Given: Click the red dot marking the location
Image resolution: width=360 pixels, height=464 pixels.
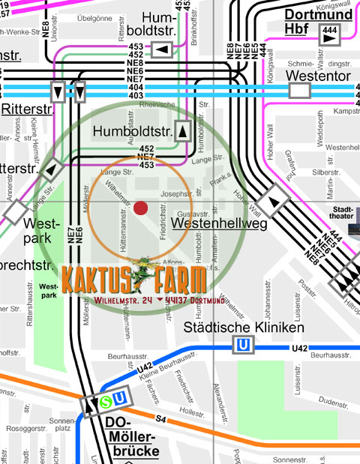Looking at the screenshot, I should click(x=140, y=208).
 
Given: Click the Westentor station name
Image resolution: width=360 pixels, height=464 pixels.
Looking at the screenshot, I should click(x=317, y=76).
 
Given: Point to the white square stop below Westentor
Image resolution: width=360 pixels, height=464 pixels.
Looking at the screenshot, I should click(x=300, y=91).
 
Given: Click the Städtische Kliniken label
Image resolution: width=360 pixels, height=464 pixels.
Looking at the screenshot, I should click(x=244, y=328).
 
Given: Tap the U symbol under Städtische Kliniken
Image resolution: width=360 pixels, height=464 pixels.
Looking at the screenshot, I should click(x=243, y=346).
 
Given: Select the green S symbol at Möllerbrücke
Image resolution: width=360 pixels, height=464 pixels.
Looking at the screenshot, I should click(x=106, y=402).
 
